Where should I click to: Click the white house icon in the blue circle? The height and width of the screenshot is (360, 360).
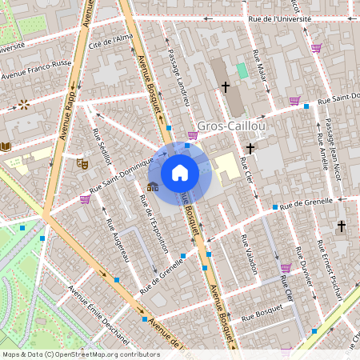click(180, 172)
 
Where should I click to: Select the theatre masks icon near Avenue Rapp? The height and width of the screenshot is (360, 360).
click(82, 162)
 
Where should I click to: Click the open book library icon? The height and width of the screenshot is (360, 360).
click(6, 146)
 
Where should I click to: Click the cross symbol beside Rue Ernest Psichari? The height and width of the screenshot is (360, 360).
click(342, 226)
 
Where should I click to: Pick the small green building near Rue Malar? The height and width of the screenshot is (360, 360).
click(242, 70)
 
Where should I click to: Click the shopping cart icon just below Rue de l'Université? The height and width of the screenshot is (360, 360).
click(316, 48)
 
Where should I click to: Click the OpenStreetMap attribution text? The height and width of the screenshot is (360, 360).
click(81, 354)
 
